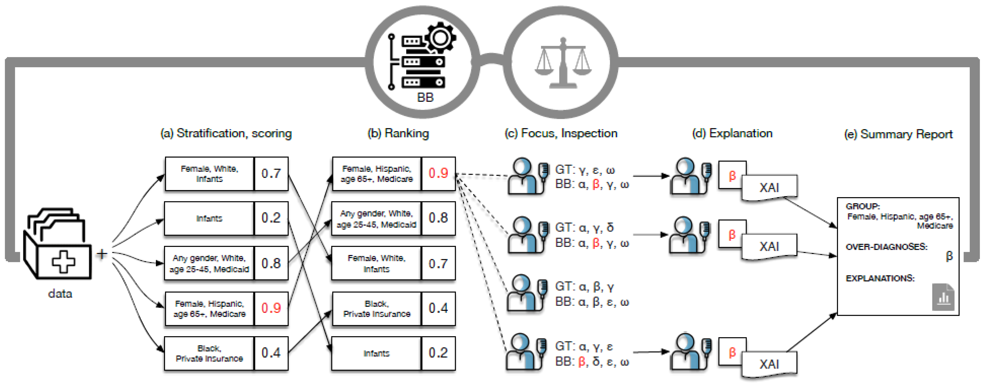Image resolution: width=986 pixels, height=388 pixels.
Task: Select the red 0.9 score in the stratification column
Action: tap(271, 308)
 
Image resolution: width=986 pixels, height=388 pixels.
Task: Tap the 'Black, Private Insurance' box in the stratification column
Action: tap(209, 353)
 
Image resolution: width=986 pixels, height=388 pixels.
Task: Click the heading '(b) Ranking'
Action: tap(398, 133)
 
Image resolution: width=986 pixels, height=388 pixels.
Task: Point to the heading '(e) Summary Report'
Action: tap(898, 134)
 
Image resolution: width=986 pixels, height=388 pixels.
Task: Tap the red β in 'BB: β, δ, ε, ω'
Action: tap(581, 362)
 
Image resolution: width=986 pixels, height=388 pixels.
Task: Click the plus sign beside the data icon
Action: tap(102, 254)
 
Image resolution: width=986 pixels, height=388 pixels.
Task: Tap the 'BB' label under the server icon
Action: tap(425, 97)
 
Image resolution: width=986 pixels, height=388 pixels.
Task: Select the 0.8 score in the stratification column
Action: tap(271, 263)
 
